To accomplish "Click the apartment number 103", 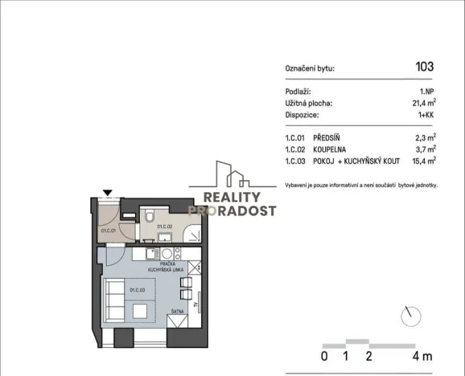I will [x=424, y=67].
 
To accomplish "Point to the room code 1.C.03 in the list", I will [x=297, y=161].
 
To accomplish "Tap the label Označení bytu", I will [x=310, y=68].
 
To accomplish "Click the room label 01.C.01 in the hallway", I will [x=109, y=231].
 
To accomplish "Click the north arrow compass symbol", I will [x=414, y=314].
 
